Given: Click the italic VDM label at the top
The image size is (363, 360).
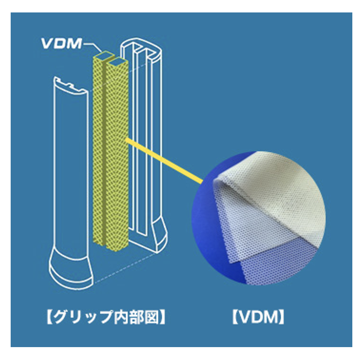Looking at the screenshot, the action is pos(61,44).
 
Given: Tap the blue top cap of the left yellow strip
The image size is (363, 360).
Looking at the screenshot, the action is pos(104,55).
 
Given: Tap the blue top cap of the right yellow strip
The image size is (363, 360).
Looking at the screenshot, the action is pos(117,61).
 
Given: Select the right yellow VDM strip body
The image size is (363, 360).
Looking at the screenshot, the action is pos(117,155).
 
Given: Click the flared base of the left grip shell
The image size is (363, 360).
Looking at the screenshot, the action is pos(71,268).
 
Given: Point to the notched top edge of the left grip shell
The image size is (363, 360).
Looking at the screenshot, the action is pos(70,85).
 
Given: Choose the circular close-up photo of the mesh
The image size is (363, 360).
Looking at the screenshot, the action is pos(259,218).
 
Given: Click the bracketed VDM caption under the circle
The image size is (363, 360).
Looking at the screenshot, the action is pos(258,317).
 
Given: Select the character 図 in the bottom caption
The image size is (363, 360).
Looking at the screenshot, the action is pos(152,317).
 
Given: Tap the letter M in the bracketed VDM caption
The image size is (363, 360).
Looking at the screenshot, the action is pos(270,317).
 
